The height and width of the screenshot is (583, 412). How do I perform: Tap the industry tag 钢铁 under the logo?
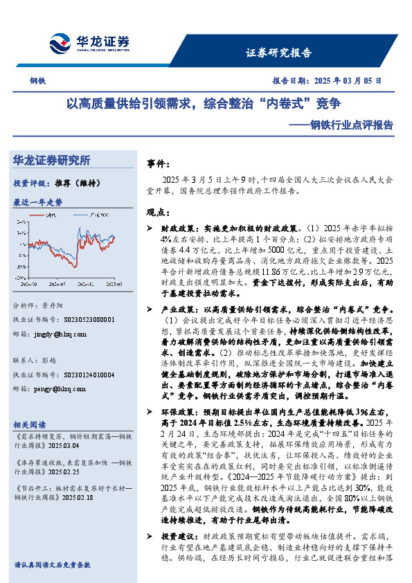coord(37,81)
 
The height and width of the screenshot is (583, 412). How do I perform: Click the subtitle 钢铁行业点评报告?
coord(346,125)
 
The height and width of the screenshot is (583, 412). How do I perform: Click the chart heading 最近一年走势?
coord(37,202)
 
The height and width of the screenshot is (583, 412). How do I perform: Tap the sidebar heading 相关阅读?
coord(30,424)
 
